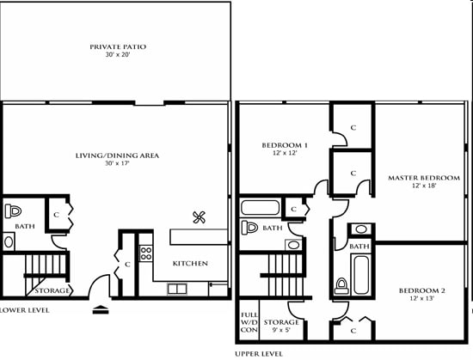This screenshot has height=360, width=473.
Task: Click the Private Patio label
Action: point(118,46)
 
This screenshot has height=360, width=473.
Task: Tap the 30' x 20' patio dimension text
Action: point(118,55)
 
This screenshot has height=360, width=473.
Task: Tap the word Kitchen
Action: point(190,262)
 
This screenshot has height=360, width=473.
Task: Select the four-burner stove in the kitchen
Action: point(145,253)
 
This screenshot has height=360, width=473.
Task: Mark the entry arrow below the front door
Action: point(101,310)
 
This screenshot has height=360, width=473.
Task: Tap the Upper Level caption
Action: point(258,352)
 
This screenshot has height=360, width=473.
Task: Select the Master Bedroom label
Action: point(414,178)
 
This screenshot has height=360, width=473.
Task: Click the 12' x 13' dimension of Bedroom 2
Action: point(421,299)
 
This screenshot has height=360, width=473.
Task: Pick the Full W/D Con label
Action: point(249,322)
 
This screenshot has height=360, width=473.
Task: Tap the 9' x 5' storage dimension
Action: point(281,330)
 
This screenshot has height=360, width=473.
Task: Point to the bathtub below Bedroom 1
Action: point(260,207)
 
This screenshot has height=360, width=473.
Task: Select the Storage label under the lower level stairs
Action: point(52,290)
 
